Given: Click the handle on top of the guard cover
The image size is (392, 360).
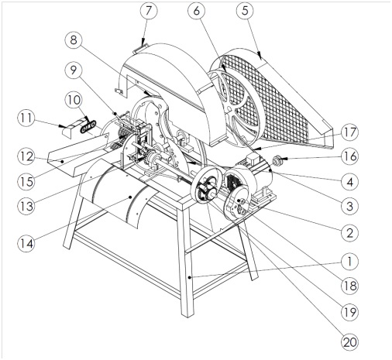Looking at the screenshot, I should [x=139, y=49].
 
